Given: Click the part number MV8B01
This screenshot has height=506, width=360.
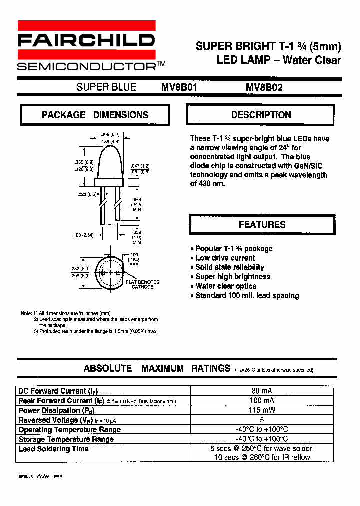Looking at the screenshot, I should tap(179, 87).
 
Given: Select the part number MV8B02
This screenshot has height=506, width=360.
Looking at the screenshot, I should tap(264, 87).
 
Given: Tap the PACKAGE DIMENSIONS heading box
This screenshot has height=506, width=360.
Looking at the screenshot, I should tap(95, 115).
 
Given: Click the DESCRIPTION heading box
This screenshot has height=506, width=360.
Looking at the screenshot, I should tap(261, 115).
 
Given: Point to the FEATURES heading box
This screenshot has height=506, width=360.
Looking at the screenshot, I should tap(262, 224).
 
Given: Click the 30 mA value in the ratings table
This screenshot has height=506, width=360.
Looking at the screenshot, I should tap(262, 391).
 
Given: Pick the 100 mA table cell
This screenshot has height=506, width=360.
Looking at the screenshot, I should tap(262, 400).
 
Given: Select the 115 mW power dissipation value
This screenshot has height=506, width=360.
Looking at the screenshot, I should tap(262, 410).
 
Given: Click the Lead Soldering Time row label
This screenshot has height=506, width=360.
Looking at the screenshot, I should tap(53, 449).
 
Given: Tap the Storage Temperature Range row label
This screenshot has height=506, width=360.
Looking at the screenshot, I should tap(66, 439).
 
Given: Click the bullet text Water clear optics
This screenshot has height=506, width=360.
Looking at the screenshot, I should tap(226, 286).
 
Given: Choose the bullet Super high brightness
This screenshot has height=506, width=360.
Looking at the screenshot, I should tap(233, 277).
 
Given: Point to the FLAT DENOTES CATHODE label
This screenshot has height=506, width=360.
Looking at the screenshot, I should tap(142, 285).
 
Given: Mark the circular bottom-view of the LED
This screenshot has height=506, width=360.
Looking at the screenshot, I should tap(110, 274).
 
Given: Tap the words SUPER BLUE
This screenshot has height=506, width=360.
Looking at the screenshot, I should tap(106, 87).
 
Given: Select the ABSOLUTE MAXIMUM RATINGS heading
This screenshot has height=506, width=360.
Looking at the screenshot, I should tap(157, 369).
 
